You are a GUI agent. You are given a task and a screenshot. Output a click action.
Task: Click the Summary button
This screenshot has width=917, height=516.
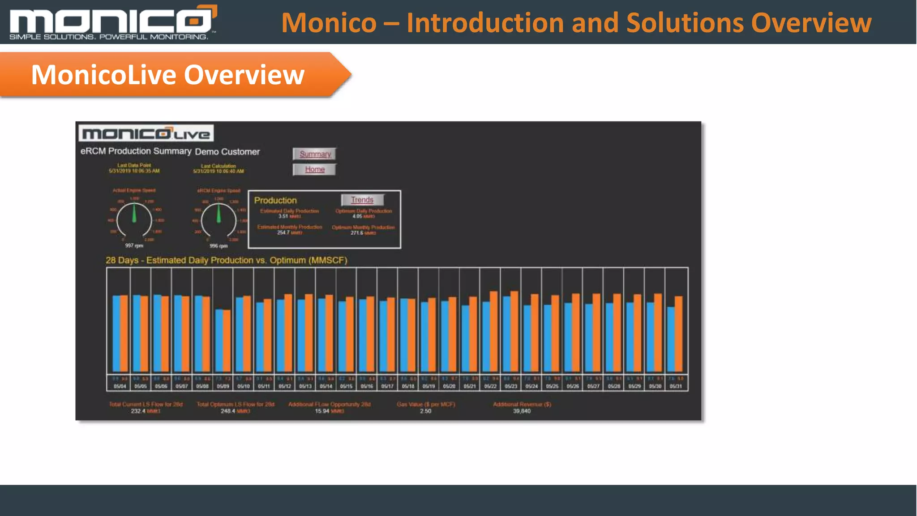[x=315, y=154]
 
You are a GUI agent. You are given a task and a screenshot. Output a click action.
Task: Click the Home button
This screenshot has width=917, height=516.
[x=315, y=169]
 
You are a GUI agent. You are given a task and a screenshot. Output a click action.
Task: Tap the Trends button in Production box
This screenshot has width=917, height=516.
[x=362, y=200]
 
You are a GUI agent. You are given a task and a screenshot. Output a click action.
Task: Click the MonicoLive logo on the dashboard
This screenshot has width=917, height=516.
[x=146, y=133]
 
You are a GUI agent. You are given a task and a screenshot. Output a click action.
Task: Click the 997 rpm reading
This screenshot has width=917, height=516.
[x=134, y=245]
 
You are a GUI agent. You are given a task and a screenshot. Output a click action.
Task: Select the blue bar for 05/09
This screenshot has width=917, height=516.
[x=219, y=340]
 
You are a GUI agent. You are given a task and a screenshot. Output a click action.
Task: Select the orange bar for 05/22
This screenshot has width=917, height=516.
[x=494, y=331]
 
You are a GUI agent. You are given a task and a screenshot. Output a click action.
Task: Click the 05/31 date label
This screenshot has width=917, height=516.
[x=676, y=386]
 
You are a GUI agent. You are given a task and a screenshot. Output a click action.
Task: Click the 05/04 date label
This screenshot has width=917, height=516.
[x=120, y=386]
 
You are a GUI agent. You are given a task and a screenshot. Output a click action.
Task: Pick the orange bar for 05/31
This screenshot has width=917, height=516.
[x=679, y=334]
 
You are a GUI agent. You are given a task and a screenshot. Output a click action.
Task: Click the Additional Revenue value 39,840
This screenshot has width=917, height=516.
[x=522, y=411]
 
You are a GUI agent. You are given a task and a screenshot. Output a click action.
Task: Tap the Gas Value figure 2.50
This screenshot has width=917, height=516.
[x=425, y=411]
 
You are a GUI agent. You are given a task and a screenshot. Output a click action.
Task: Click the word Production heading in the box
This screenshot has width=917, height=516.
[x=275, y=200]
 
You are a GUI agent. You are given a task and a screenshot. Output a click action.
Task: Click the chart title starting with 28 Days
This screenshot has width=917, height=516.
[x=226, y=260]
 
